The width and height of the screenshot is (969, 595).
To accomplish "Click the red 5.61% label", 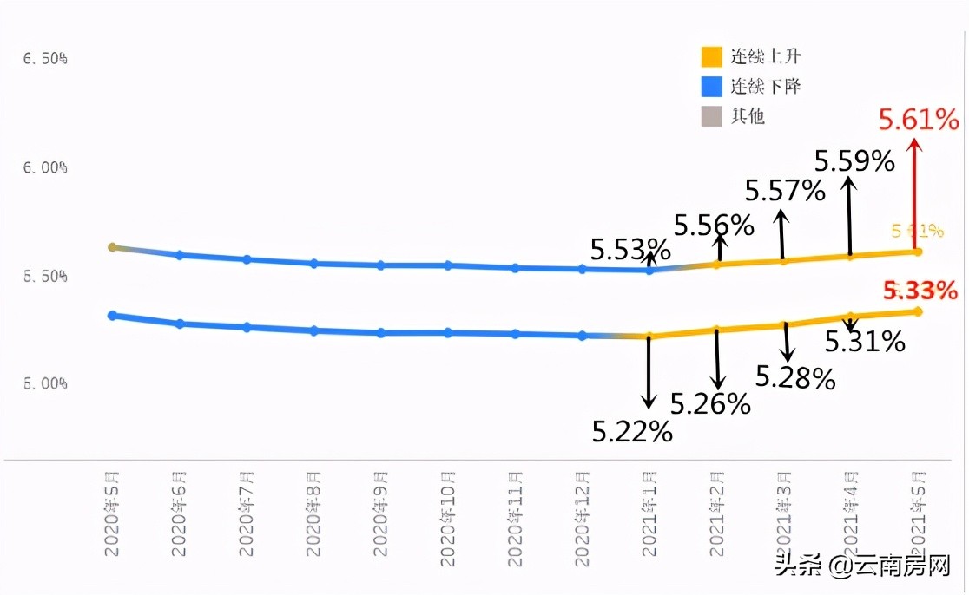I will coord(918,120).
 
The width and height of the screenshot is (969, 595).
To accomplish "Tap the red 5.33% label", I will coord(920,291).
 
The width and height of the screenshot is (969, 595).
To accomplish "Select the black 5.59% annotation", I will coord(854,160).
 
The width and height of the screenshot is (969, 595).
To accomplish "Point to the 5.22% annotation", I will coord(632,431).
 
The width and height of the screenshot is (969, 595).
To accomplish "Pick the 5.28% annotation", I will coord(795,378).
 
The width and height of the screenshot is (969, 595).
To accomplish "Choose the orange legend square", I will coord(712,56).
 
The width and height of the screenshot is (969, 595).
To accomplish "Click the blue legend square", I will coord(712,86).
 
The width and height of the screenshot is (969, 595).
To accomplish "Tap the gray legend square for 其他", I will coord(712,115).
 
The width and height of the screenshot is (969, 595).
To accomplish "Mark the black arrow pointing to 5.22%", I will coord(648,373).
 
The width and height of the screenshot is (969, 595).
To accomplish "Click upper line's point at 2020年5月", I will coord(112,247).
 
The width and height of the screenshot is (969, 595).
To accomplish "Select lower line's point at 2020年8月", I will coord(314,330).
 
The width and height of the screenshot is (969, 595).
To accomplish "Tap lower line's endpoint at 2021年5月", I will coord(917,311).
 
